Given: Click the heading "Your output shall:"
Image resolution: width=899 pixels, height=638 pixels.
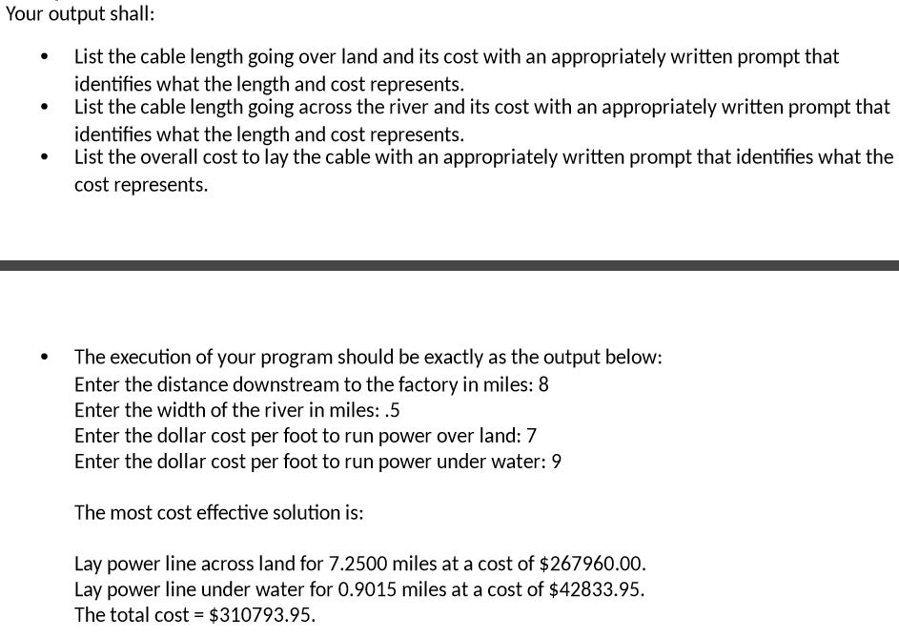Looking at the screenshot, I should (80, 14).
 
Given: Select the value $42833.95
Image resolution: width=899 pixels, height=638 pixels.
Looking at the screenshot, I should (597, 589).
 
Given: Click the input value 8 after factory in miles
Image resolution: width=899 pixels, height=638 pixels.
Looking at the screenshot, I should (543, 385).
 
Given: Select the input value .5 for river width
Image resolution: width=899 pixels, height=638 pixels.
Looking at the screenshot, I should (393, 411).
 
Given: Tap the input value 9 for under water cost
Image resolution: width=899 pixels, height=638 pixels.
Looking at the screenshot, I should (557, 463).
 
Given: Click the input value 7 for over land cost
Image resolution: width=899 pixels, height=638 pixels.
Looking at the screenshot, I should (532, 437).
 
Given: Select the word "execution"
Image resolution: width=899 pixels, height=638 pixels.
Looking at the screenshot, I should (150, 358).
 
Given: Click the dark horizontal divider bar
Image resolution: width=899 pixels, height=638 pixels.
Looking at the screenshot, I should (449, 266).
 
